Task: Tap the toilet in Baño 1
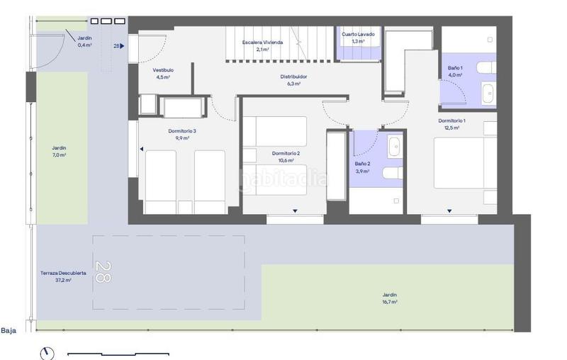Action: [x=486, y=67]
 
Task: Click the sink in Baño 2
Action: [x=395, y=147]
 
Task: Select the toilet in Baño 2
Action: [x=393, y=173]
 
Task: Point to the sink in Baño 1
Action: [x=488, y=94]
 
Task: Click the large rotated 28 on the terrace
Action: [x=103, y=271]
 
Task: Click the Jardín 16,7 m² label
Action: [x=390, y=298]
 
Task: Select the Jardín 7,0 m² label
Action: [x=59, y=152]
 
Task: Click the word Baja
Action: [x=9, y=330]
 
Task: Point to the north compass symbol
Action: [x=47, y=354]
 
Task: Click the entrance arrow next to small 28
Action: [x=122, y=46]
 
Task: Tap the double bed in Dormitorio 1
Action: [x=466, y=163]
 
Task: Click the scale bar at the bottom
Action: [x=118, y=354]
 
